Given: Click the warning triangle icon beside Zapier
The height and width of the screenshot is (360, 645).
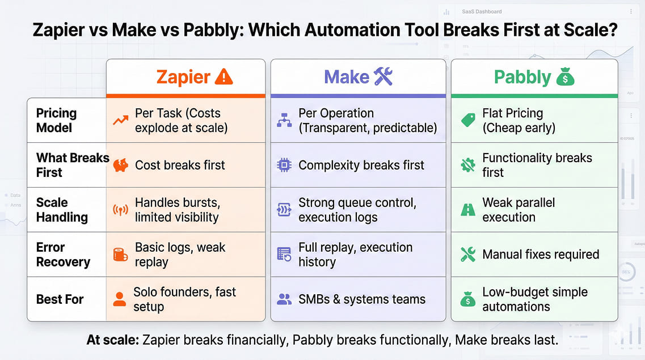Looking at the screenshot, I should (224, 77).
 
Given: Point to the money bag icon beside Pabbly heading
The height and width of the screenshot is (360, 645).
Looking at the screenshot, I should (565, 77).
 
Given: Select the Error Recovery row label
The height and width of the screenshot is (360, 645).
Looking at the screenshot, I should (63, 255).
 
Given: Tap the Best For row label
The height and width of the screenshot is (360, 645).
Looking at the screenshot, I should (60, 299).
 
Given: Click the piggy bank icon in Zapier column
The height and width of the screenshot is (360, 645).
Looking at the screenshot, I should (120, 166).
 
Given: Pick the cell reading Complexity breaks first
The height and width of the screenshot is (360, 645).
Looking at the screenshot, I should (361, 166).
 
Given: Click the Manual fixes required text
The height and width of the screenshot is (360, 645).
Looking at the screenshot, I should (541, 255).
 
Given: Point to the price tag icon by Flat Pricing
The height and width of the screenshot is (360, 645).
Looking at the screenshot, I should (468, 120).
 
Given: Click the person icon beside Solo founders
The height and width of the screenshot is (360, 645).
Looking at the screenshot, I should (120, 299).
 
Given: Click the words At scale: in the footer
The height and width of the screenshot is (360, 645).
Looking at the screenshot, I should (112, 340).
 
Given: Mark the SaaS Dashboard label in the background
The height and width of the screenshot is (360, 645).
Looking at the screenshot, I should (482, 11).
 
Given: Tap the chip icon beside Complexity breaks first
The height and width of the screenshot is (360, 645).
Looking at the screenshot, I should (284, 166).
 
